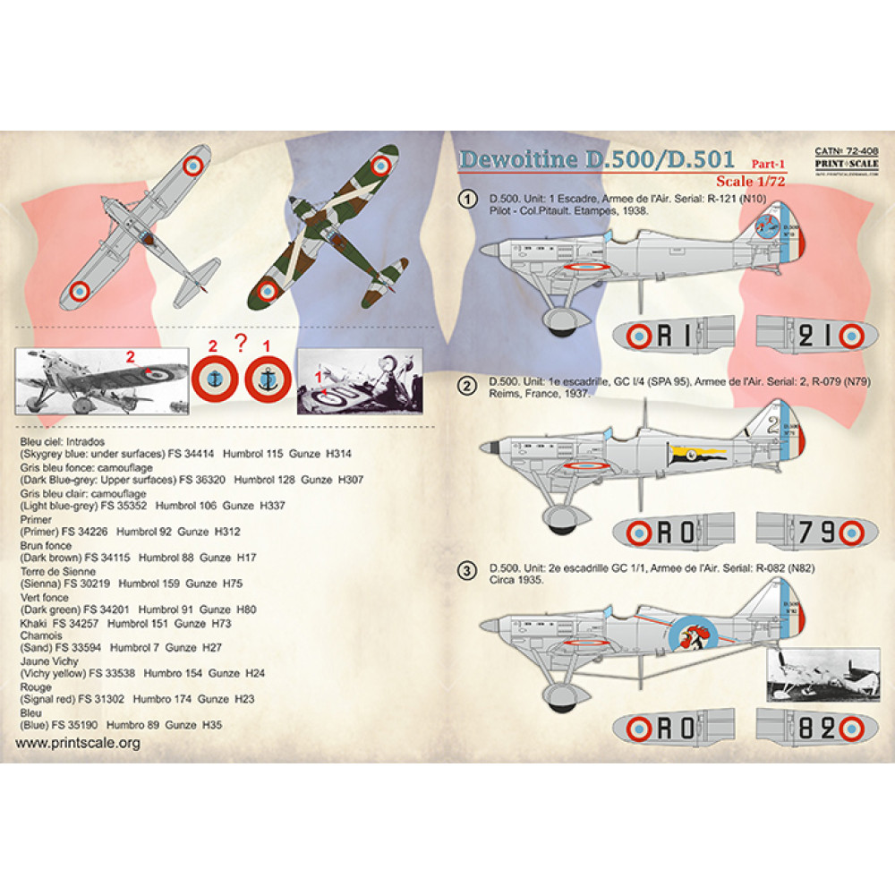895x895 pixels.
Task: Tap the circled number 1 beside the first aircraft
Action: pos(465,198)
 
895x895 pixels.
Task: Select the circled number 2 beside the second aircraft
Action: pos(465,387)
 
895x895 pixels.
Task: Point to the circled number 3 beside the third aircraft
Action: pos(465,570)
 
